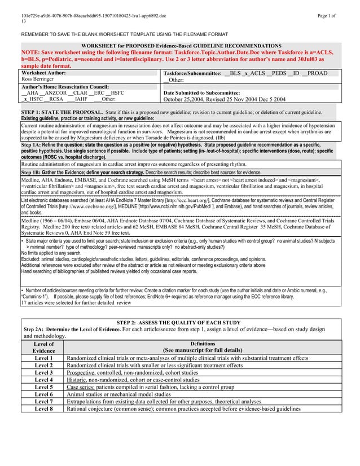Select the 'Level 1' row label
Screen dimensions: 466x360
43,358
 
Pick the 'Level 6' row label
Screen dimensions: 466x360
43,394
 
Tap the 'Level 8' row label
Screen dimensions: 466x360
43,409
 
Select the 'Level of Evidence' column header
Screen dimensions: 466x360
43,346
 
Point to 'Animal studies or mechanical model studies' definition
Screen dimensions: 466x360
122,394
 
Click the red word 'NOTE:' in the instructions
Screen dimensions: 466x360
32,51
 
